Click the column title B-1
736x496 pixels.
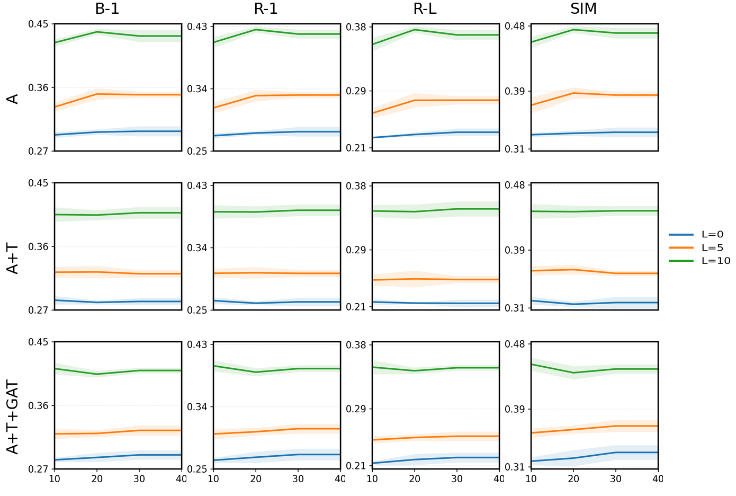(x=107, y=9)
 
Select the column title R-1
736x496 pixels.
(x=266, y=9)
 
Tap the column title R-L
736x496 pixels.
(x=425, y=9)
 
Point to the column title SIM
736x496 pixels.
(x=584, y=9)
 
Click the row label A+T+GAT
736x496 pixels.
(x=13, y=417)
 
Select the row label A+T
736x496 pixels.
(x=13, y=259)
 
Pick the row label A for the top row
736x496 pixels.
(x=13, y=99)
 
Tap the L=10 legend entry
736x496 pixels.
(x=699, y=261)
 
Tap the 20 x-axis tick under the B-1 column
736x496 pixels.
(x=96, y=479)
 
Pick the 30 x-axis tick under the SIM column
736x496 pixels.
(x=615, y=479)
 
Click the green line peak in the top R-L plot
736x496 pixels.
(x=415, y=30)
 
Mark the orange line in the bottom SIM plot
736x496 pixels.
(x=594, y=428)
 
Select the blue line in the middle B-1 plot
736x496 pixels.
(x=118, y=302)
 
